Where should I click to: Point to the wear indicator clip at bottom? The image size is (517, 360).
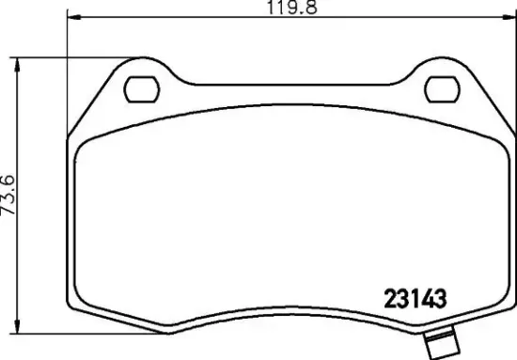tap(440, 345)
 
